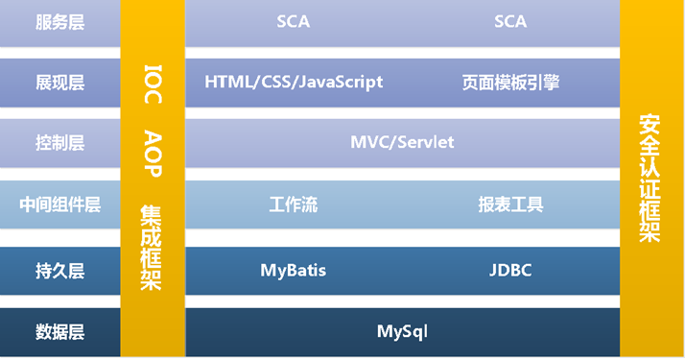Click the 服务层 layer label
[x=59, y=22]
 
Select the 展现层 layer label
[x=59, y=83]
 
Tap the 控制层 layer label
[x=59, y=142]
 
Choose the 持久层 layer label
[x=59, y=271]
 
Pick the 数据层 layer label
[x=59, y=332]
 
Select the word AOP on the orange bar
[x=153, y=153]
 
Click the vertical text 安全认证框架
[x=650, y=179]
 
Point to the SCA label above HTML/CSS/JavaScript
[x=293, y=22]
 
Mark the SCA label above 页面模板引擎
[x=510, y=22]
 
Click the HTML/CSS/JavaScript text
[x=294, y=83]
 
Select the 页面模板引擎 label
[x=510, y=83]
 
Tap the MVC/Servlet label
[x=402, y=142]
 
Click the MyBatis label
[x=294, y=271]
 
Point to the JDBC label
[x=510, y=271]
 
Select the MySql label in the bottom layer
[x=402, y=332]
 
